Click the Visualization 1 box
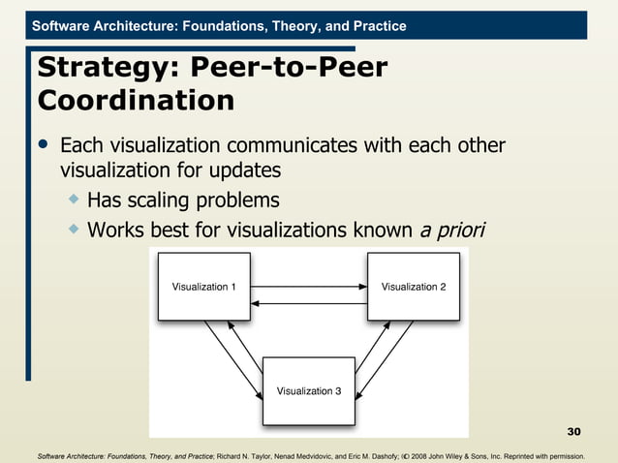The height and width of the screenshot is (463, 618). tap(203, 287)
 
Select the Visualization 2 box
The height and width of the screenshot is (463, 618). tap(414, 287)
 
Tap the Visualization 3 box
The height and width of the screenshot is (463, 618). tap(309, 390)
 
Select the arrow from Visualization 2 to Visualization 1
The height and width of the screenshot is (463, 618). tap(308, 304)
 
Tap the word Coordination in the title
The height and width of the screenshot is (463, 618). tap(135, 101)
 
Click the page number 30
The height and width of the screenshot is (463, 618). tap(573, 431)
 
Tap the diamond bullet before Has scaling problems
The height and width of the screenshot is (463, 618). tap(73, 200)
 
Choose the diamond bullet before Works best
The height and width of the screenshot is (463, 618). tap(73, 230)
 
